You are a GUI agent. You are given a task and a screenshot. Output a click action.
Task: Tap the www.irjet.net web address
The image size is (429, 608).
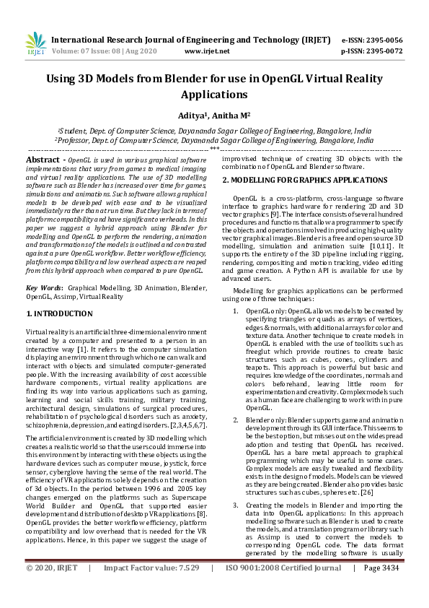(x=207, y=51)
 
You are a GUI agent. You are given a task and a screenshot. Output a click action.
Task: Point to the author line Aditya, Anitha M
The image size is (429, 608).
(x=214, y=113)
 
